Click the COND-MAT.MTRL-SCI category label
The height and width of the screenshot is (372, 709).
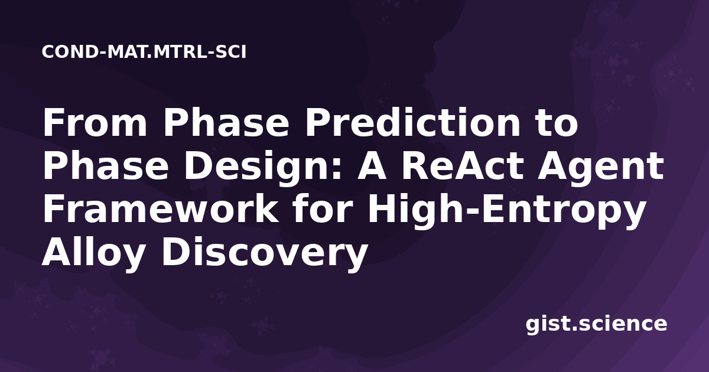point(144,52)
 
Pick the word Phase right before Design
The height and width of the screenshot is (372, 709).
point(106,165)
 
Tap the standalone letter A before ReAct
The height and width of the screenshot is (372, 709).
point(372,165)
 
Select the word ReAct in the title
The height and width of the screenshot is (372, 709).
point(462,165)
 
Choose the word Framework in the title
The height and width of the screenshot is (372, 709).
point(161,208)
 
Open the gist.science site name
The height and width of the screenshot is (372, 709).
point(596,325)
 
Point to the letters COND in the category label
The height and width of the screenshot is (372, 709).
point(70,52)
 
